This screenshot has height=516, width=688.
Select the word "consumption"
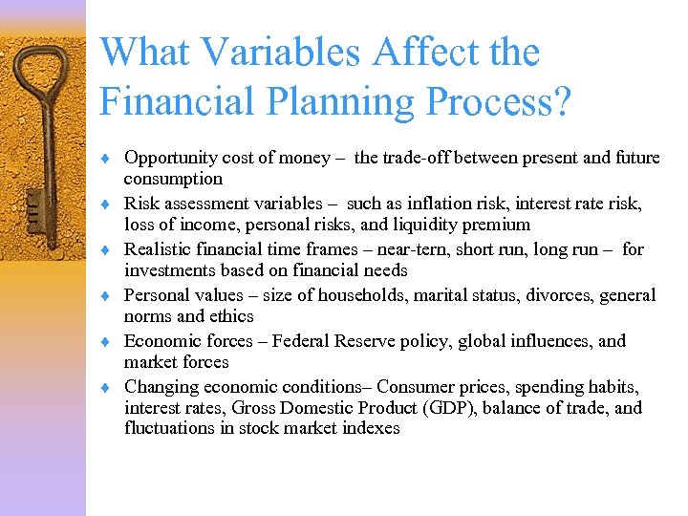173,179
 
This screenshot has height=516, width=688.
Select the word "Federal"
303,341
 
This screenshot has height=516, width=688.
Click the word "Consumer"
419,387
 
